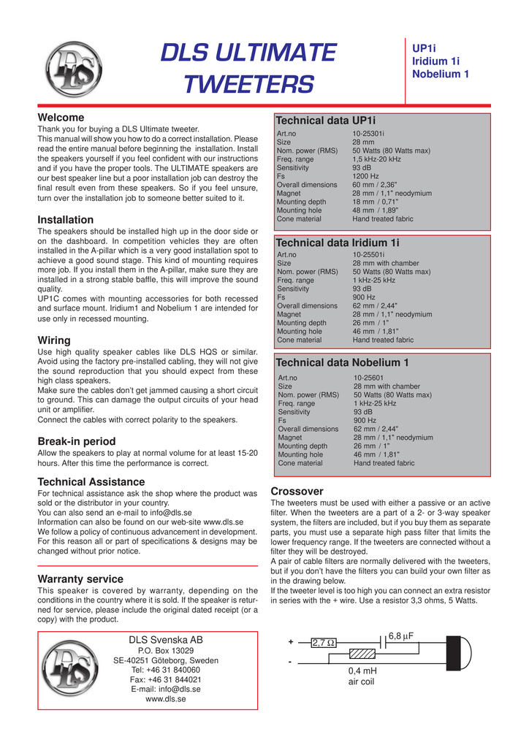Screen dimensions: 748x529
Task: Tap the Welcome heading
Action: (61, 118)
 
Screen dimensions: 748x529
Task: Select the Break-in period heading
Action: (77, 441)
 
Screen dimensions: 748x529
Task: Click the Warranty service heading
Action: (80, 579)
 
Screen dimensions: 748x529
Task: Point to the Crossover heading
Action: (297, 492)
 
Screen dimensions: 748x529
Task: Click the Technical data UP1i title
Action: (325, 120)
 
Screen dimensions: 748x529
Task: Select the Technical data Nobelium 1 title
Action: (342, 362)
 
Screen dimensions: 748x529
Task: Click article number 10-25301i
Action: (368, 134)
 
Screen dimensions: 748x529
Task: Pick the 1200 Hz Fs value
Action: (365, 176)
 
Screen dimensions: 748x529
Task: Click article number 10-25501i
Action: (369, 254)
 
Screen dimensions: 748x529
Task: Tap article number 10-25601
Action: (369, 378)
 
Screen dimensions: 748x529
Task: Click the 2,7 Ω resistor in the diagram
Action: (324, 643)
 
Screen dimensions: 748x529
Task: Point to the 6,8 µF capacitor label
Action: (401, 636)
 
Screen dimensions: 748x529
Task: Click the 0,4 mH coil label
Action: (363, 671)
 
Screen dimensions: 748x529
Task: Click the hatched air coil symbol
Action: (363, 654)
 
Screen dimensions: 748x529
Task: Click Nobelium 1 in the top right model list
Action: (441, 74)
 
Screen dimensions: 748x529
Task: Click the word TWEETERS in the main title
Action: (248, 85)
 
